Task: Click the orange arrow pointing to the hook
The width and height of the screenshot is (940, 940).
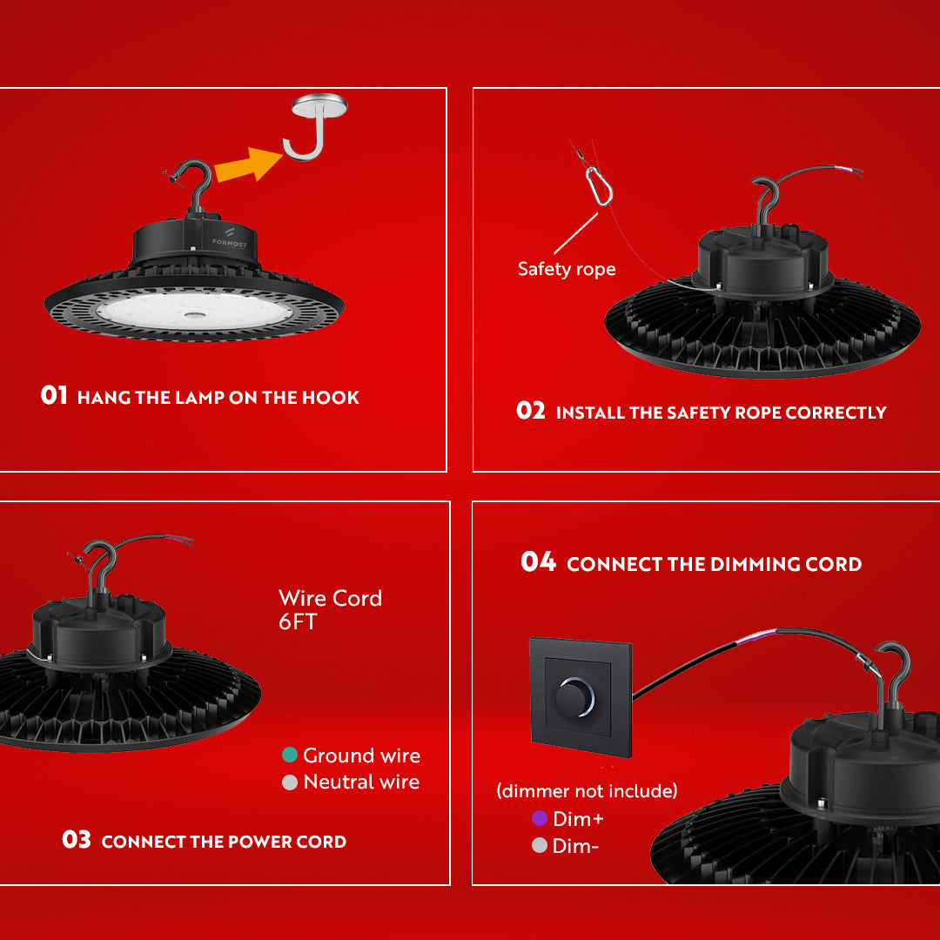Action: pyautogui.click(x=248, y=164)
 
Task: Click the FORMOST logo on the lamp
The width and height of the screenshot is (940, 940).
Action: pyautogui.click(x=229, y=240)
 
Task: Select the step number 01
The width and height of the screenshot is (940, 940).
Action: pyautogui.click(x=54, y=396)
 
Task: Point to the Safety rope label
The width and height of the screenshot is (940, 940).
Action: pyautogui.click(x=567, y=269)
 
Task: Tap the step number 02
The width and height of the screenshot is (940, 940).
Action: pyautogui.click(x=530, y=411)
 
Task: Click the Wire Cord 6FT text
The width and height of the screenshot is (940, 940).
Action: pyautogui.click(x=330, y=610)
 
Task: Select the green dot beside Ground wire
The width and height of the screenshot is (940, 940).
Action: pyautogui.click(x=290, y=755)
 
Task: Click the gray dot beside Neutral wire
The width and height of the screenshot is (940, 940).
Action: pyautogui.click(x=290, y=782)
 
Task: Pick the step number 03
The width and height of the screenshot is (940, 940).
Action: pyautogui.click(x=77, y=840)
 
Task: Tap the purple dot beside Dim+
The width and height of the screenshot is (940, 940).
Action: pyautogui.click(x=540, y=818)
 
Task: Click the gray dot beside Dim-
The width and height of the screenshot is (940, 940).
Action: pyautogui.click(x=540, y=845)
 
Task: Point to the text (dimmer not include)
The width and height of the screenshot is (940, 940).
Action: pyautogui.click(x=586, y=791)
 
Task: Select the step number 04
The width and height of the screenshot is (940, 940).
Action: pyautogui.click(x=538, y=562)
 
